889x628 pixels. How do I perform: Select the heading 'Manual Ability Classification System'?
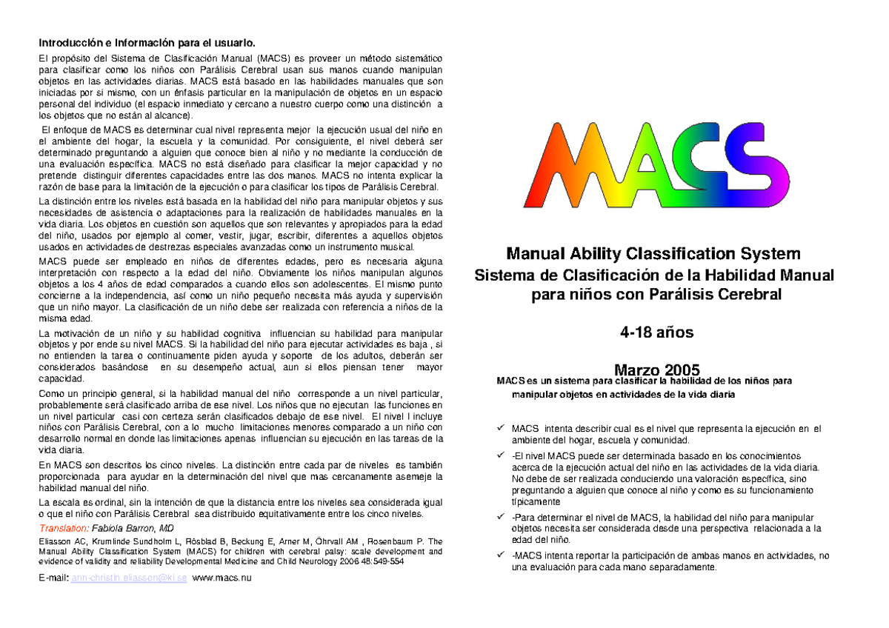point(653,255)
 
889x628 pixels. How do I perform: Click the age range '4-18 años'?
point(656,333)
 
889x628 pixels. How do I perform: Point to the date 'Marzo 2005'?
point(656,370)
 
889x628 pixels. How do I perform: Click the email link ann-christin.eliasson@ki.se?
point(129,577)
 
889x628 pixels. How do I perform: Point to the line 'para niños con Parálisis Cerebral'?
point(653,295)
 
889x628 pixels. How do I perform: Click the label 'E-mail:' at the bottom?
point(53,577)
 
